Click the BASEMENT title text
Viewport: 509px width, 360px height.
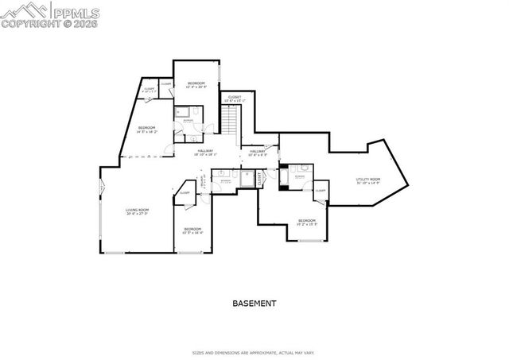(254, 304)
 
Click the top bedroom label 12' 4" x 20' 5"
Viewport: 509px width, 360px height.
(196, 85)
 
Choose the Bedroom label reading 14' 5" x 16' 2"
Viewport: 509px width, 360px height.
(146, 130)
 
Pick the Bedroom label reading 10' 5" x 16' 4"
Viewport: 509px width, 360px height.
(193, 231)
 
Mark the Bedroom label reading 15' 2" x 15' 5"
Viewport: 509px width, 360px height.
(307, 222)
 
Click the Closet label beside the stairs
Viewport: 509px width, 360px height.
(235, 99)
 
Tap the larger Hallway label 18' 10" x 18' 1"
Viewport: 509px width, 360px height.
(205, 153)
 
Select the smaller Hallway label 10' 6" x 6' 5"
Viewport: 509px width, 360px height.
(257, 153)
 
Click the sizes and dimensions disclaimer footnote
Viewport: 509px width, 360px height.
(254, 352)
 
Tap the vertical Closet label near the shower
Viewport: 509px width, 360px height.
(260, 179)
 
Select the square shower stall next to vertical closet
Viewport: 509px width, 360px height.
(246, 179)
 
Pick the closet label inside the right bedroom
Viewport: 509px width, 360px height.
(320, 191)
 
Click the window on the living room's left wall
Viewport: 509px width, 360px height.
(101, 188)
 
